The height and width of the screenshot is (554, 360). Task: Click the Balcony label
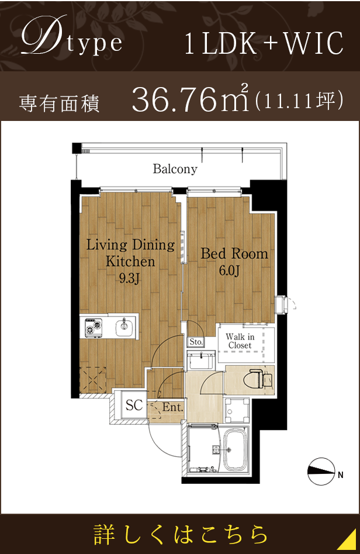175,169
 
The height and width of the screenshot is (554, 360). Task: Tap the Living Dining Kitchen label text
130,252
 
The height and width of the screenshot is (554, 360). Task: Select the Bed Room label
234,254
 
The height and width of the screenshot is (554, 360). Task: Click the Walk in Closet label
240,341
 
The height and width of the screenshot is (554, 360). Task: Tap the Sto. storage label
195,341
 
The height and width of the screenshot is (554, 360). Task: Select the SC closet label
134,405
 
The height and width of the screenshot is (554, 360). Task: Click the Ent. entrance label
172,407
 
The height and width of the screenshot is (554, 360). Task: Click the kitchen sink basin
124,327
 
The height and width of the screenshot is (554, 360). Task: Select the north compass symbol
323,471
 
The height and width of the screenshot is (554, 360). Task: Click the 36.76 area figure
175,100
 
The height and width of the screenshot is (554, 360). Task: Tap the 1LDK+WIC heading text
263,44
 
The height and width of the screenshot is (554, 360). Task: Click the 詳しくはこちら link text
181,534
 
